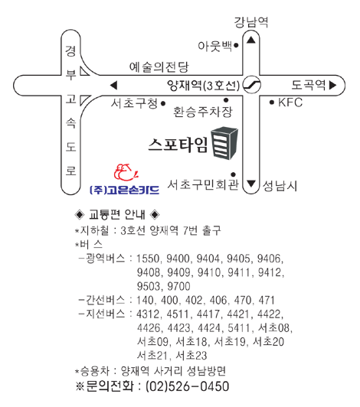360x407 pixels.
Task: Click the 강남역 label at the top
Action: click(251, 21)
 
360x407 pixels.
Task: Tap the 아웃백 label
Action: click(214, 46)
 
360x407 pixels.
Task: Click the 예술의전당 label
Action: click(159, 67)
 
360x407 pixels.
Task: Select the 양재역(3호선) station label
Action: click(203, 85)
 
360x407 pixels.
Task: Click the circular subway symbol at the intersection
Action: click(251, 85)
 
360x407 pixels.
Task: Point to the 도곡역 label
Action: click(308, 85)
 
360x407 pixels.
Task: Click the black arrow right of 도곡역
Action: click(333, 85)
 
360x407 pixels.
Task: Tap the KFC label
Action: click(290, 103)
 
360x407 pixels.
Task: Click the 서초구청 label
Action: click(134, 103)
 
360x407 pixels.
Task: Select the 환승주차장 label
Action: click(203, 112)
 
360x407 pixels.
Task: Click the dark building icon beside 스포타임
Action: click(224, 143)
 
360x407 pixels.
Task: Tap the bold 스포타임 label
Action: click(178, 145)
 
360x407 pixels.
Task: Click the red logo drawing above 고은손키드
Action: click(126, 172)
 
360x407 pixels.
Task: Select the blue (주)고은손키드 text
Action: click(124, 190)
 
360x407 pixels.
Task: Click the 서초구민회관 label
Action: click(203, 184)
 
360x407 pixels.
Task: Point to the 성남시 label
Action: click(280, 186)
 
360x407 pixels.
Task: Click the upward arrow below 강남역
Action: click(251, 40)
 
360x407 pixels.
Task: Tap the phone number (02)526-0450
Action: click(188, 386)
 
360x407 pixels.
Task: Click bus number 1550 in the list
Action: click(148, 259)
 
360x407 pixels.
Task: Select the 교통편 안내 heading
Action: click(117, 214)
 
